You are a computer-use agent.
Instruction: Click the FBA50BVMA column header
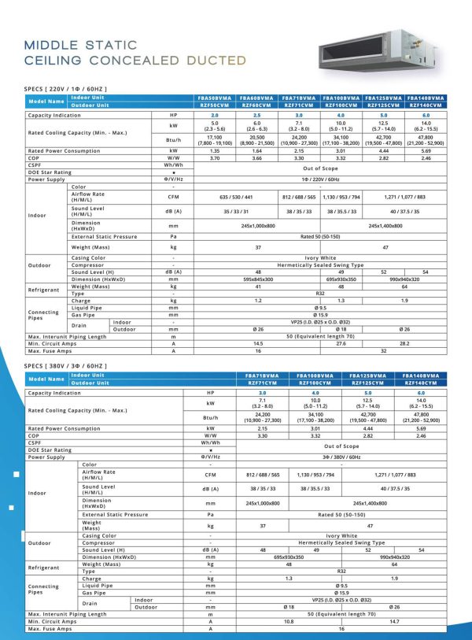click(x=215, y=98)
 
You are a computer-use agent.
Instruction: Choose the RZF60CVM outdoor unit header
click(x=257, y=105)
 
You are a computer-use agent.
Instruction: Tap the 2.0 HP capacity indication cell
click(x=215, y=115)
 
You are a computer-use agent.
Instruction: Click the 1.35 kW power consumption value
click(x=215, y=150)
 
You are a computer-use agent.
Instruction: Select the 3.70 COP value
click(x=215, y=158)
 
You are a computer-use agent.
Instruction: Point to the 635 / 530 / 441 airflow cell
click(x=236, y=197)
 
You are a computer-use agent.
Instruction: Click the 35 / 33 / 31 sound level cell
click(x=236, y=212)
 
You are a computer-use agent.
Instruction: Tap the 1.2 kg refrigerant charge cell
click(x=236, y=300)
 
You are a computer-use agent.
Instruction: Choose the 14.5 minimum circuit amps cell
click(x=236, y=343)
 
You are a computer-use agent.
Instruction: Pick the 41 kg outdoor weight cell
click(x=236, y=286)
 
